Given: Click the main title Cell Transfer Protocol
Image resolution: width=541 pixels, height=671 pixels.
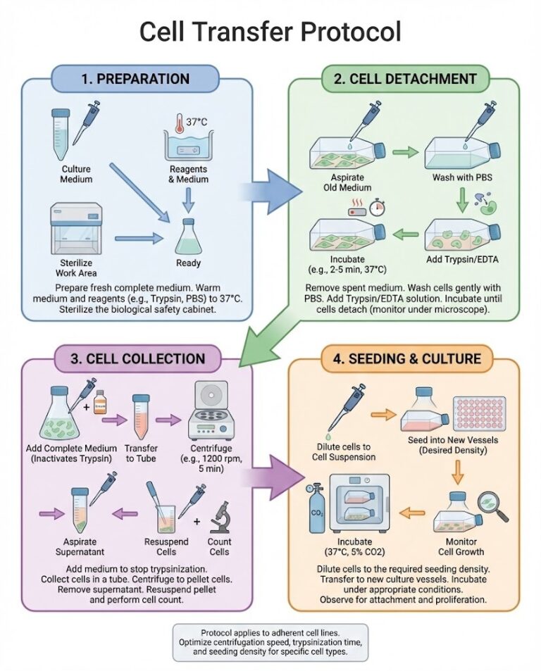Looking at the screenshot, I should tap(270, 32).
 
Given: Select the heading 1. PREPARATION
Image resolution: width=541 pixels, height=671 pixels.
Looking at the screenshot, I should tap(135, 79).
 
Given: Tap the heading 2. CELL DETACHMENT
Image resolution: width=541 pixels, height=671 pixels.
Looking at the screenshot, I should tap(404, 79).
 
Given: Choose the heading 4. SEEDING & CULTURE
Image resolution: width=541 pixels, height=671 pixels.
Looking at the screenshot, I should tap(405, 358).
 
